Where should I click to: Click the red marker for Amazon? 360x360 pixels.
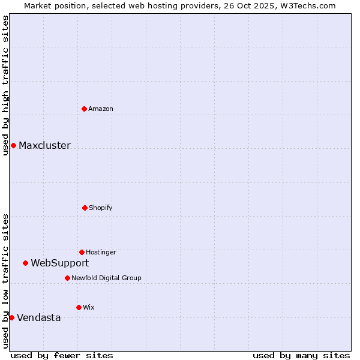point(84,109)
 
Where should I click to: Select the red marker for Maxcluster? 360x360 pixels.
point(13,145)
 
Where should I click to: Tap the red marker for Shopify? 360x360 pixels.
point(85,208)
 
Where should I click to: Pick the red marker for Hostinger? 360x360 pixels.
point(82,252)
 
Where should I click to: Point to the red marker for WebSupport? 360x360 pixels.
point(25,263)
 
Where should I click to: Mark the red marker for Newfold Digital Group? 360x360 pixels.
point(67,278)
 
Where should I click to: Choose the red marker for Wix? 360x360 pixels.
point(79,307)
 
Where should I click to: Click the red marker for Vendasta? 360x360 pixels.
point(11,317)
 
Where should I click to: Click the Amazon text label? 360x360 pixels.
point(101,109)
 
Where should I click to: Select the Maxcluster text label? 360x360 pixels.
point(44,145)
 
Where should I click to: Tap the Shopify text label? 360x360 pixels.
point(101,208)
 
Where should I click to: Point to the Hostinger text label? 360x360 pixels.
point(101,252)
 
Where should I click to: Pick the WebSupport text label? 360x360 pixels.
point(60,263)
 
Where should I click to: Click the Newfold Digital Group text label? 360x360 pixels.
point(106,278)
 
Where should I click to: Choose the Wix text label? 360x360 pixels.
point(89,307)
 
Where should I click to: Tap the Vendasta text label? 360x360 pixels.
point(39,317)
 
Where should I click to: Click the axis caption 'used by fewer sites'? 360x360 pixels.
point(62,355)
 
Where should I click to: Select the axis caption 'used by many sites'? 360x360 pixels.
point(301,355)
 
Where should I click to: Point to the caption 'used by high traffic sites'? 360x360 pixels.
point(5,85)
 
